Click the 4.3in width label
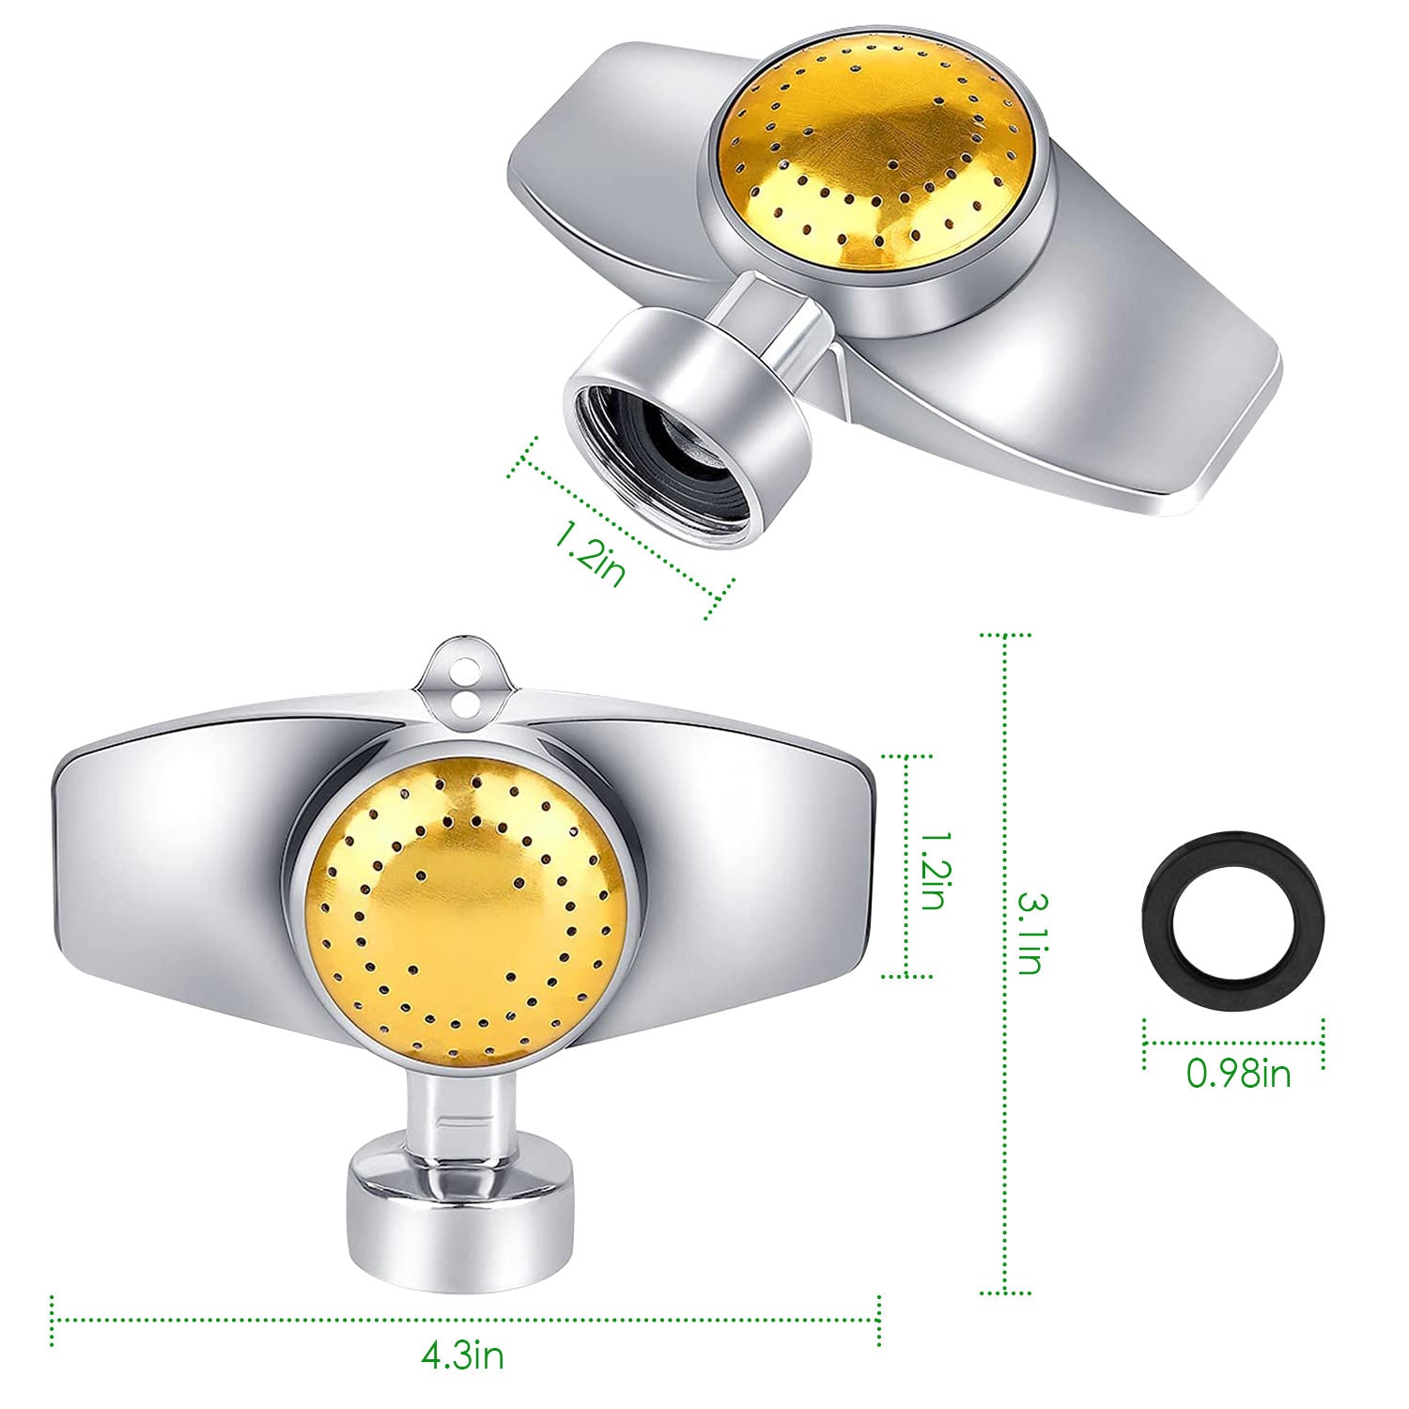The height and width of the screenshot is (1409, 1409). tap(462, 1355)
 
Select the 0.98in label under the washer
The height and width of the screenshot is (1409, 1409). tap(1238, 1072)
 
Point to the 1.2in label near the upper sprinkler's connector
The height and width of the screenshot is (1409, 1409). tap(589, 553)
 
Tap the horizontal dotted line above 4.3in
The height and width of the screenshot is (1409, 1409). tap(465, 1321)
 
